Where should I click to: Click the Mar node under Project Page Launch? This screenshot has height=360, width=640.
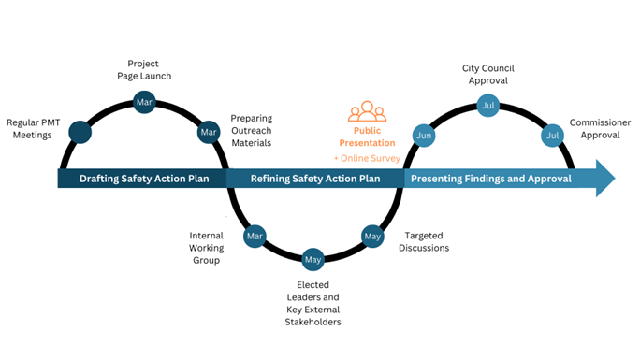click(144, 102)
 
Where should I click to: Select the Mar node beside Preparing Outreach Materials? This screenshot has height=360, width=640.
click(208, 133)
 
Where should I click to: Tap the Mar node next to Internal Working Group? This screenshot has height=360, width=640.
click(255, 237)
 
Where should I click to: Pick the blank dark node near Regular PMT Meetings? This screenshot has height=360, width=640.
click(80, 133)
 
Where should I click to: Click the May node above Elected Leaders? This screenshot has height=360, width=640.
click(313, 258)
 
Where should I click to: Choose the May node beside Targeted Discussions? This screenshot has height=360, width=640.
click(372, 237)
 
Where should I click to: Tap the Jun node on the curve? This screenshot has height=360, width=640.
click(424, 136)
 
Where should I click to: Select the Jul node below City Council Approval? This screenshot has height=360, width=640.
click(487, 106)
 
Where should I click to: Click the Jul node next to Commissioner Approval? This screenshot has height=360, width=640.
click(551, 136)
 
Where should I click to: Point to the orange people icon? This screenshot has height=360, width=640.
click(367, 112)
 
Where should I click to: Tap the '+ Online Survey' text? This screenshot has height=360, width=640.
click(367, 158)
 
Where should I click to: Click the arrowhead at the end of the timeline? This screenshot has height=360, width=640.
click(604, 179)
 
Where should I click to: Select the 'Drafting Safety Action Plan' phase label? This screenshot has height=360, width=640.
click(142, 179)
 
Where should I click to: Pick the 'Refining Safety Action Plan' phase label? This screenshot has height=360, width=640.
click(315, 179)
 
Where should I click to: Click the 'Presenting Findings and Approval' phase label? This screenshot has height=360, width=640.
click(491, 179)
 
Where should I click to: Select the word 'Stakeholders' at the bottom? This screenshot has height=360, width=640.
click(313, 322)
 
